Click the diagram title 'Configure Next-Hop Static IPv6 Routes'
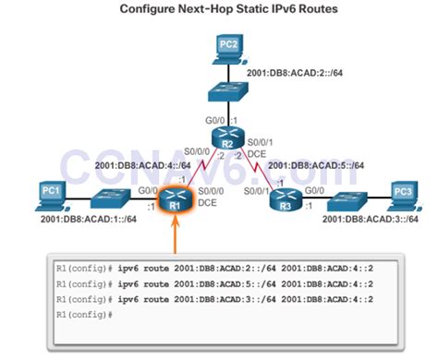[220, 10]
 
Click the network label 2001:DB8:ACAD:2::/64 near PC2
[291, 72]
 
